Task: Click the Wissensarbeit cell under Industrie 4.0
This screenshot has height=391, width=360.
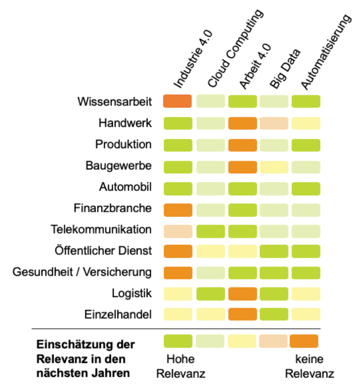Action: (177, 101)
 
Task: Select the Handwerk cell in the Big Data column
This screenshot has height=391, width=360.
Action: (274, 123)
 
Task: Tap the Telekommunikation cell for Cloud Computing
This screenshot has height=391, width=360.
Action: (210, 230)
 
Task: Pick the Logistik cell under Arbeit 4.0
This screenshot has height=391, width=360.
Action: (242, 293)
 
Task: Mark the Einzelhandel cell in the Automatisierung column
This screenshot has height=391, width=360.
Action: (306, 314)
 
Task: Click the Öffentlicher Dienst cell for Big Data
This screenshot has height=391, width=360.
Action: (274, 251)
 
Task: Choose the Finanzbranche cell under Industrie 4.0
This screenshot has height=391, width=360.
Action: (177, 208)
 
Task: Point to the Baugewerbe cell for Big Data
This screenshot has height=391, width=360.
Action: (274, 166)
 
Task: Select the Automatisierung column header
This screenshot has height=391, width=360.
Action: (325, 53)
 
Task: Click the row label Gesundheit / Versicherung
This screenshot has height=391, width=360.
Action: (82, 272)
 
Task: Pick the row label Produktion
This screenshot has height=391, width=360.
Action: (123, 144)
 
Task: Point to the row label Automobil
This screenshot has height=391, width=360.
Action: (125, 187)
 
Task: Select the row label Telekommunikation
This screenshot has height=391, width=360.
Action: (101, 230)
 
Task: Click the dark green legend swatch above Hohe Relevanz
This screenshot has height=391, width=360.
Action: (178, 341)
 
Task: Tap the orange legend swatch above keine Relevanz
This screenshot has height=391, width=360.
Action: (304, 341)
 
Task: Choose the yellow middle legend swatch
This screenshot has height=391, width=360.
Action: (242, 341)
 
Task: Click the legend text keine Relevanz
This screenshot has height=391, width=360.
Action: (310, 366)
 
